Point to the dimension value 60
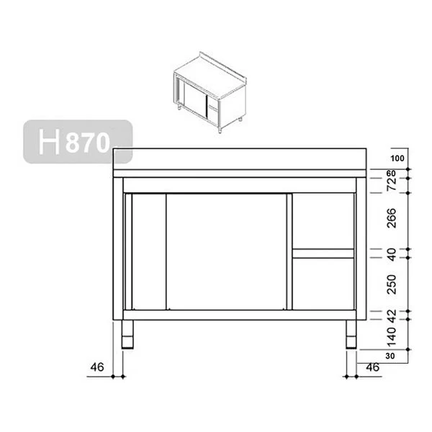[x=392, y=174]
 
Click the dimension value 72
[x=392, y=186]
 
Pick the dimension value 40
[x=392, y=253]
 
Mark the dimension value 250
[x=392, y=284]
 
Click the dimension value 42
[x=392, y=314]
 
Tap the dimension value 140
[x=392, y=334]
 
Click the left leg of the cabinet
[x=127, y=333]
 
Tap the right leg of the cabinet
[x=351, y=333]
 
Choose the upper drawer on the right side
[x=323, y=221]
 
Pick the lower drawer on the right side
[x=323, y=283]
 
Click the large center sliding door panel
[x=228, y=251]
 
